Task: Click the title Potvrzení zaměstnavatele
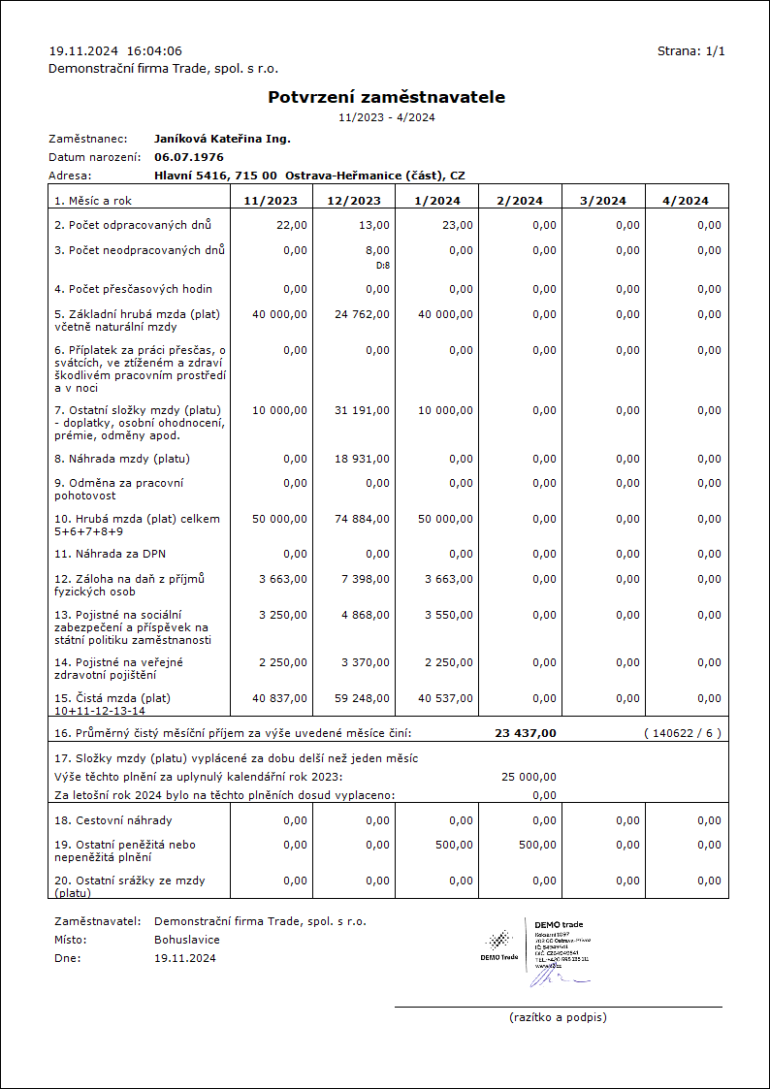pyautogui.click(x=386, y=97)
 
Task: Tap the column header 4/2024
pyautogui.click(x=686, y=201)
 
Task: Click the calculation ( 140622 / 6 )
pyautogui.click(x=682, y=733)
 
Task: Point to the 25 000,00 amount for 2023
pyautogui.click(x=529, y=777)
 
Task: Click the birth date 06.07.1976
pyautogui.click(x=189, y=156)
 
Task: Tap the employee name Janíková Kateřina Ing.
pyautogui.click(x=222, y=139)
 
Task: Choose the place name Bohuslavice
pyautogui.click(x=186, y=940)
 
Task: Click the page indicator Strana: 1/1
pyautogui.click(x=690, y=51)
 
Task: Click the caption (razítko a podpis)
pyautogui.click(x=558, y=1017)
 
